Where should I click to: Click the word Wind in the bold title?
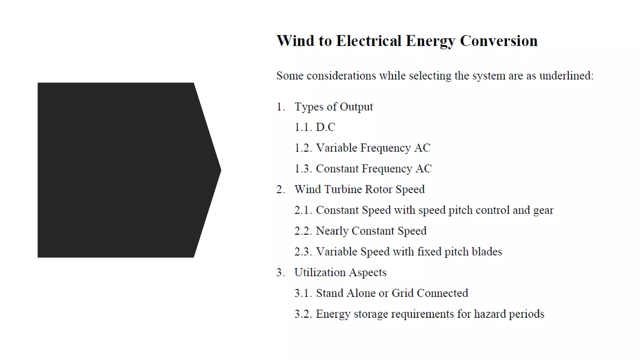(295, 41)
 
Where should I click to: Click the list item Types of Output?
(333, 107)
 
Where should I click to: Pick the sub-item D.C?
(325, 127)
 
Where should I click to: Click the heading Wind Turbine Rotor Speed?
(359, 189)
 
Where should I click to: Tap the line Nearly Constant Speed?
(371, 231)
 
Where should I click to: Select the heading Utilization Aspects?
(340, 272)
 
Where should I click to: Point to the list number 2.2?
(303, 231)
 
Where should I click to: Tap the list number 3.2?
(303, 314)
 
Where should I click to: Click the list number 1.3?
(303, 169)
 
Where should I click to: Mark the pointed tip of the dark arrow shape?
(220, 170)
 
